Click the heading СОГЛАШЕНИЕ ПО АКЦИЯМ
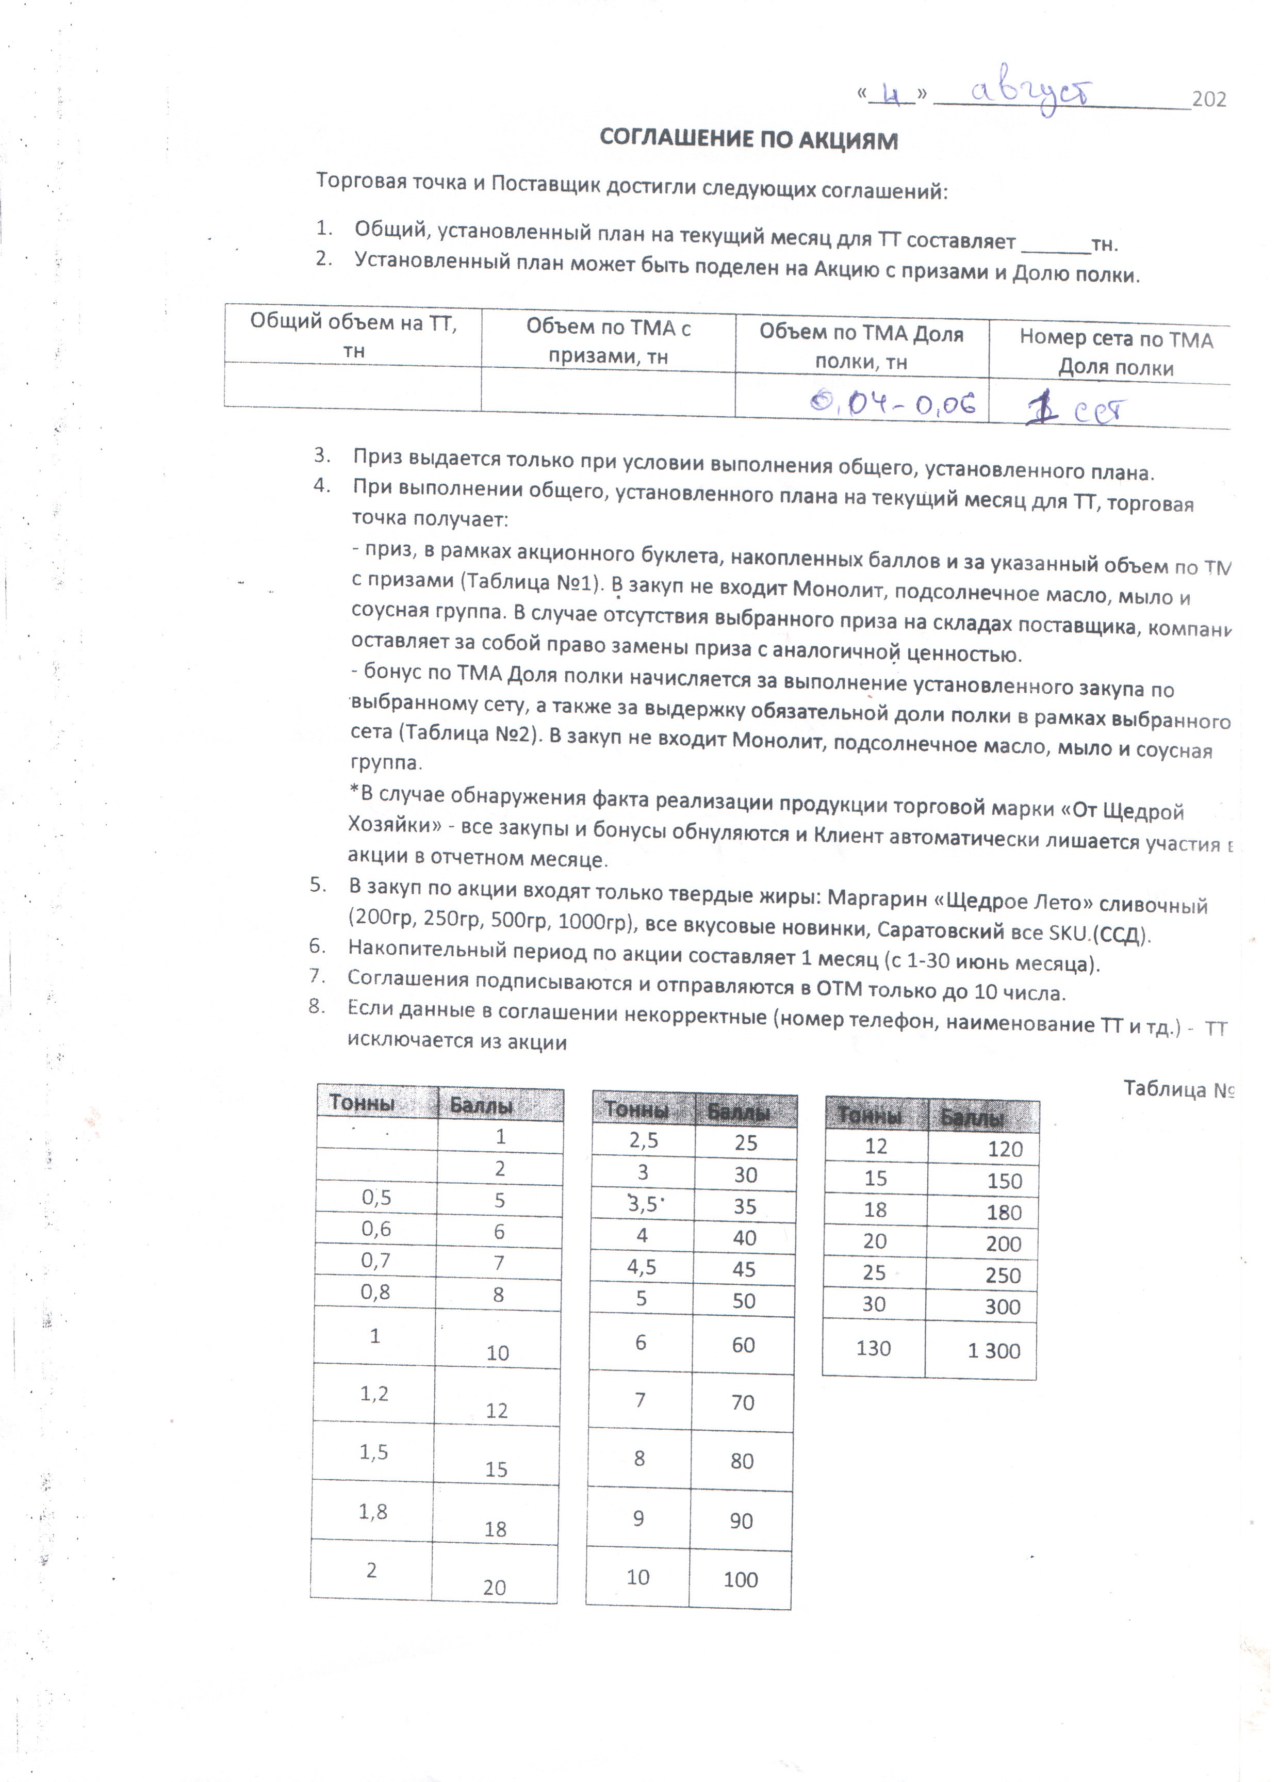[x=748, y=140]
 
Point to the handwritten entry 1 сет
[x=1076, y=410]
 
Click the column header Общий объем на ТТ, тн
[x=354, y=335]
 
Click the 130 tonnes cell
[x=873, y=1348]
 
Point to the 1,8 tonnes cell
[x=373, y=1511]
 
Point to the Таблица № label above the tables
[x=1178, y=1089]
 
